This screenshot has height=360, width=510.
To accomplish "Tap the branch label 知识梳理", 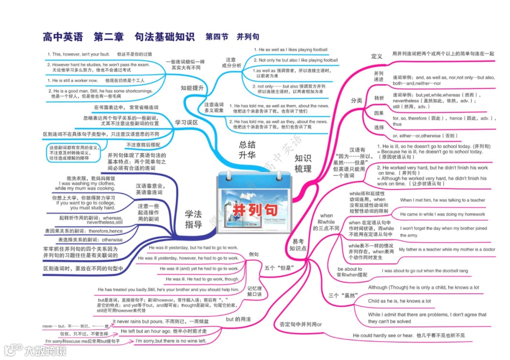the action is [303, 163].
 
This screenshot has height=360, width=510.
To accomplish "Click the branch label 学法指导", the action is [193, 219].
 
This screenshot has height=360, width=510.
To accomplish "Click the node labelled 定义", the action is [376, 56].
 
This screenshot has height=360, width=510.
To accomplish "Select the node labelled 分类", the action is [356, 100].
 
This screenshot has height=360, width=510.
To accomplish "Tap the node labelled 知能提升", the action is [192, 88].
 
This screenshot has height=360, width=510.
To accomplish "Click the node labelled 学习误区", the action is [186, 122].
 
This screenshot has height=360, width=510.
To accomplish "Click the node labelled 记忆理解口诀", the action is [257, 291].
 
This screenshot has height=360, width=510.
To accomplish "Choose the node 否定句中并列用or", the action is [300, 324].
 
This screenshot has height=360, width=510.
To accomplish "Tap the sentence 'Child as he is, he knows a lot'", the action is [399, 301].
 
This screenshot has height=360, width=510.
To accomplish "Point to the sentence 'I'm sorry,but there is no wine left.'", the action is [170, 341].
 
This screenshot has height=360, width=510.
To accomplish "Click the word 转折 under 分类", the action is [379, 98].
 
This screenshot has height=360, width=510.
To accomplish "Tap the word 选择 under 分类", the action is [379, 128].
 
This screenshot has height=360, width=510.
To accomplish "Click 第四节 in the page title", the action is [217, 36].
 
